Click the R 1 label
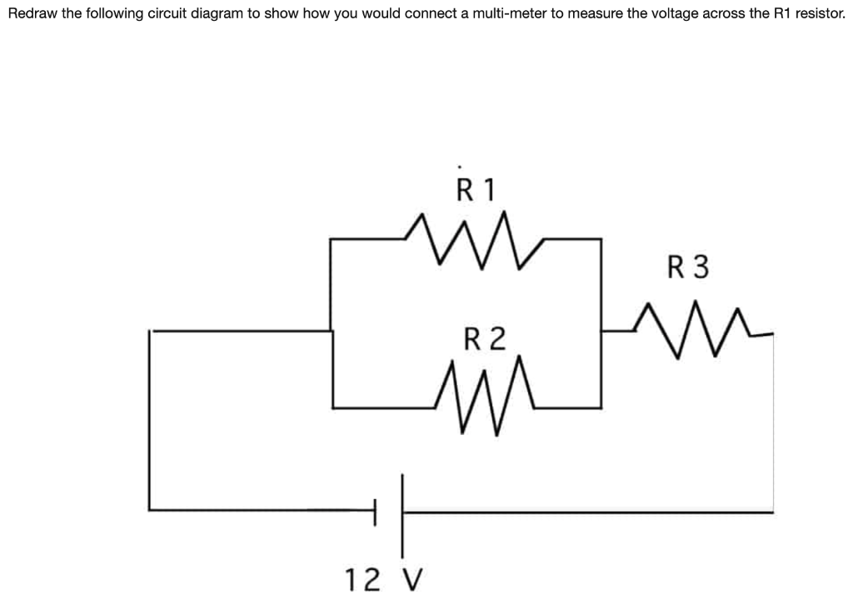pyautogui.click(x=476, y=190)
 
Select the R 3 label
pyautogui.click(x=688, y=267)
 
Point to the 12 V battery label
pyautogui.click(x=384, y=577)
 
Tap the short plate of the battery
pyautogui.click(x=375, y=510)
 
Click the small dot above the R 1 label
pyautogui.click(x=459, y=164)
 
